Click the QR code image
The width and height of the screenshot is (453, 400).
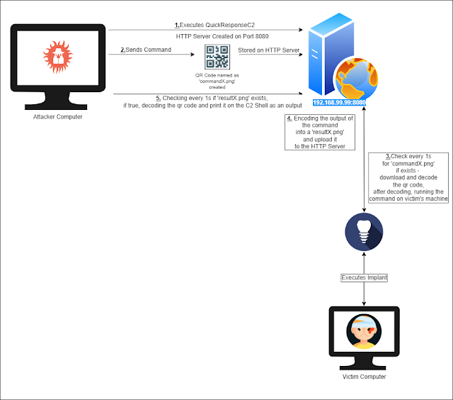[x=218, y=57]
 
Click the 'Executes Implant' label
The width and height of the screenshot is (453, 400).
[x=364, y=277]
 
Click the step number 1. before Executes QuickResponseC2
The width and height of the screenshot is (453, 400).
[x=178, y=24]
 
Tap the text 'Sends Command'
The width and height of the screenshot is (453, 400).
[x=149, y=50]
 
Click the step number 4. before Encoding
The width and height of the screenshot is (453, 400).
[x=288, y=118]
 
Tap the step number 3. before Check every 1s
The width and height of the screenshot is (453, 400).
[x=387, y=155]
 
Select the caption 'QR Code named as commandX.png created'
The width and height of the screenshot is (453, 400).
[x=217, y=81]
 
